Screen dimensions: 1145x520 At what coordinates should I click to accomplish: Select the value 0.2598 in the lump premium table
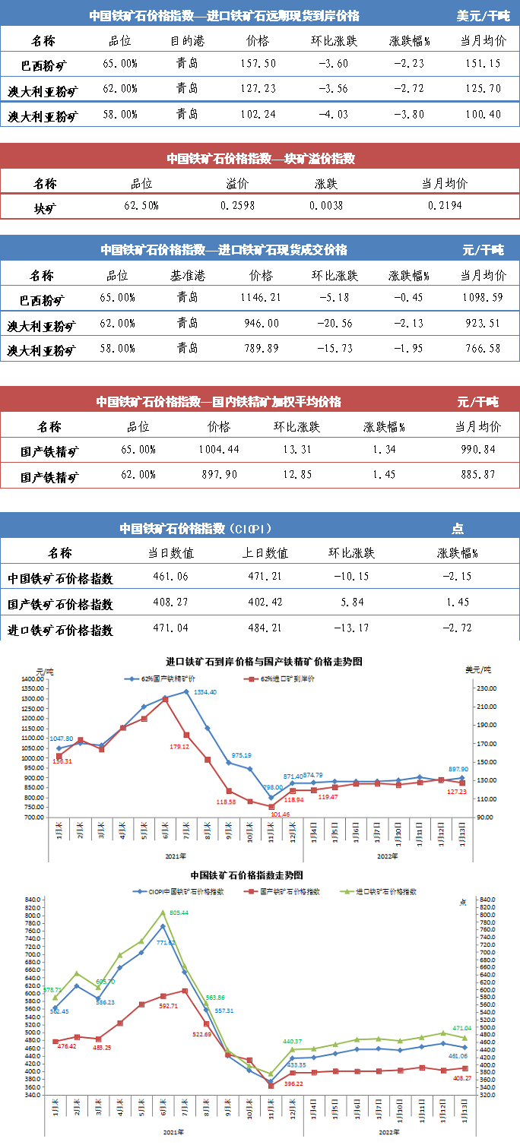coord(238,206)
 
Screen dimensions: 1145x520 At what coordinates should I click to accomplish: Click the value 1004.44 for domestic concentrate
coord(218,449)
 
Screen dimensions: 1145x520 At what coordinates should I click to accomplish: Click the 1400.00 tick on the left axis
coord(33,678)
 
